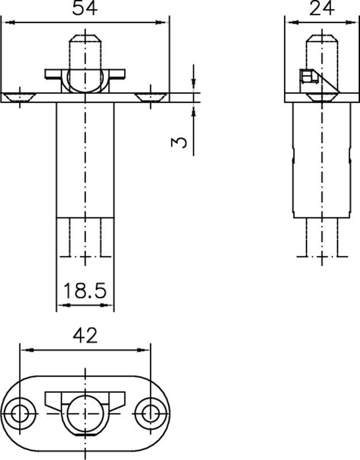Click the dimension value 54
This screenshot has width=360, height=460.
tap(85, 9)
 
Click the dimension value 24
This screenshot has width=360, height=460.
tap(321, 9)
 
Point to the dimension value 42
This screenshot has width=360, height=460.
tap(85, 336)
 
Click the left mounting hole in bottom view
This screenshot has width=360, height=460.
tap(20, 413)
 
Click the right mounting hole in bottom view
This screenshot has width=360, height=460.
tap(150, 413)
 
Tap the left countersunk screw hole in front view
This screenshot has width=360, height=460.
tap(20, 97)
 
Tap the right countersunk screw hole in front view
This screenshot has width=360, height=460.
tap(151, 97)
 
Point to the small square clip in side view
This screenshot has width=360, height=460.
tap(307, 77)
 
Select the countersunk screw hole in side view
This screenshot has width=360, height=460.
tap(320, 97)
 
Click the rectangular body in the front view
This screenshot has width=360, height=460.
tap(85, 161)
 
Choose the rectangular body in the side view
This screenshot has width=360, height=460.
tap(320, 161)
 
